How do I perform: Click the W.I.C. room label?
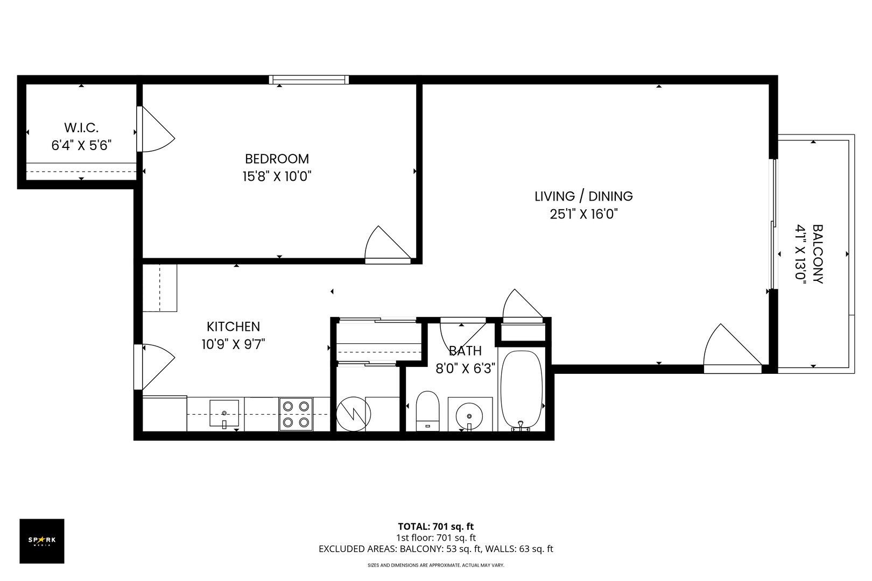coord(81,128)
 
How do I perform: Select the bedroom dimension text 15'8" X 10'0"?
coord(277,176)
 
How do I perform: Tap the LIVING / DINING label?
coord(583,196)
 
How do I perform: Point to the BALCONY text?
coord(817,254)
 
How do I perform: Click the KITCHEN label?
coord(233,327)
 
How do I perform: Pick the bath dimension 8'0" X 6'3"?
coord(465,369)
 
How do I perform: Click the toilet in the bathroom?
coord(428,411)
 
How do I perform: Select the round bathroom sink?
coord(469,416)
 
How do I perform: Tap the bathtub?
coord(521,390)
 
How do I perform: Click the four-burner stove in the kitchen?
coord(296,414)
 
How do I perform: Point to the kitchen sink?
coord(224,413)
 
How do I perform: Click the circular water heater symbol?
coord(354,413)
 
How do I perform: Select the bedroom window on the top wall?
coord(309,80)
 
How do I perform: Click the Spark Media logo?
coord(42,541)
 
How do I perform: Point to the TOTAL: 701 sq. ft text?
coord(435,526)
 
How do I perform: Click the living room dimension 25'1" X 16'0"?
coord(583,214)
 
